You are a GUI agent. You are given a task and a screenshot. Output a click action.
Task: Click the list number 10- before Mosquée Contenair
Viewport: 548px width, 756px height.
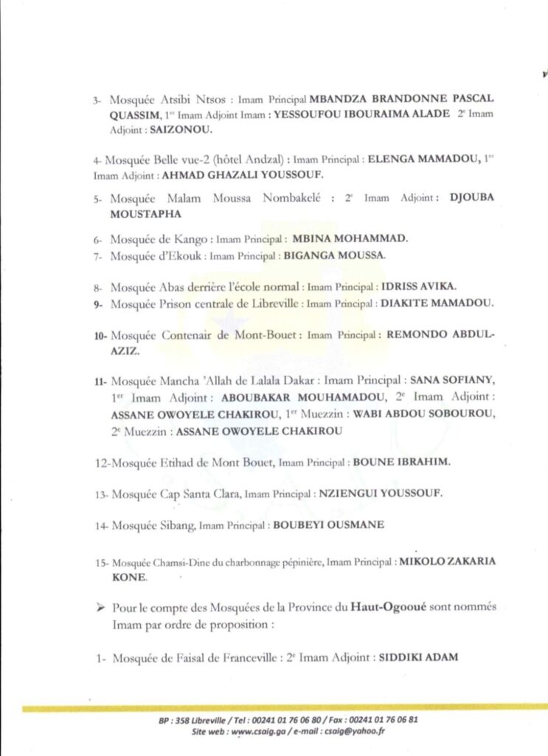click(101, 335)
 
